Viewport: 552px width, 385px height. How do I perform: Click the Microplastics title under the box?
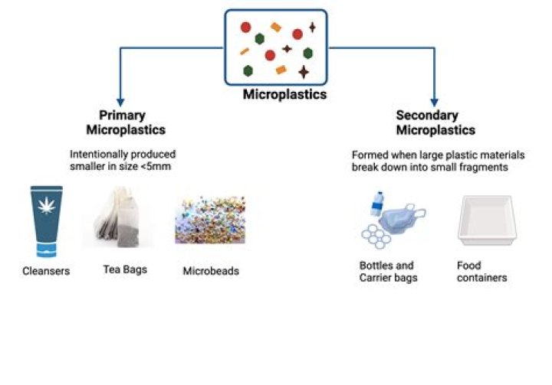tap(284, 95)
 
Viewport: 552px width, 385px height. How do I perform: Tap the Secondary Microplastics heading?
tap(435, 122)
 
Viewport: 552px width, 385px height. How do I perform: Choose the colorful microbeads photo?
tap(209, 220)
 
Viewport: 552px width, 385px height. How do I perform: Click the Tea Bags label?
tap(124, 269)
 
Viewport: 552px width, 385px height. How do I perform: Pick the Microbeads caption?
tap(211, 271)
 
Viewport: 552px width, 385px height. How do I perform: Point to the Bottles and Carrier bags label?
tap(388, 272)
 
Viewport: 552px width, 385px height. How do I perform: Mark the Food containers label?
tap(481, 272)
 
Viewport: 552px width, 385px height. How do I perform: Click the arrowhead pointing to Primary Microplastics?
tap(120, 101)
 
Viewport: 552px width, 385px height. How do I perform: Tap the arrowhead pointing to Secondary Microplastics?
tap(434, 101)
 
